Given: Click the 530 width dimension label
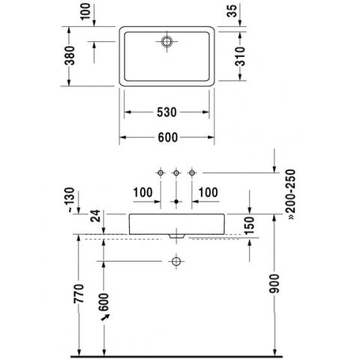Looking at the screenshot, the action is click(166, 112).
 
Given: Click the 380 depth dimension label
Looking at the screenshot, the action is click(70, 55).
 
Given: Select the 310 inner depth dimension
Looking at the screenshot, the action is click(240, 56).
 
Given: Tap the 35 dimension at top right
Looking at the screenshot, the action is click(232, 11).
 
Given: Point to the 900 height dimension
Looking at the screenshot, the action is click(274, 283).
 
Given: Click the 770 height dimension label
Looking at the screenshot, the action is click(79, 294).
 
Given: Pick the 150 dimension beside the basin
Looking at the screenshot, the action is click(249, 226).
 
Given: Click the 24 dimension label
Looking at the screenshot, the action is click(95, 216).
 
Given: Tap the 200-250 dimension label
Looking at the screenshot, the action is click(292, 194).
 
